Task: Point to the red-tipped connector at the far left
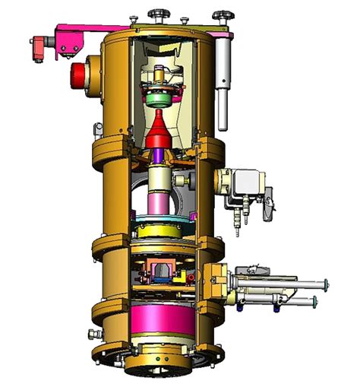36,54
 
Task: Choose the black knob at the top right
221,14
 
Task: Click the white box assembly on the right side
247,186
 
